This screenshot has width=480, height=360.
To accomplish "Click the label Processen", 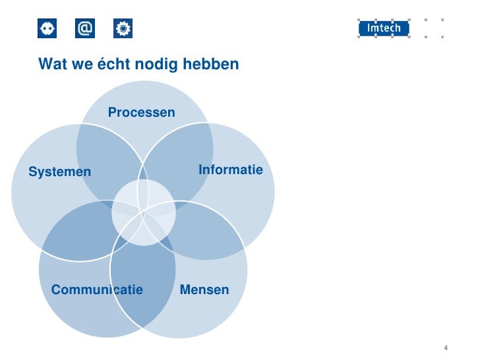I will point(142,113).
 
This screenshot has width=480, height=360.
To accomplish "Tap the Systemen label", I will point(59,172).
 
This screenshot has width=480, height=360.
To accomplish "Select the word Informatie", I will point(230,170).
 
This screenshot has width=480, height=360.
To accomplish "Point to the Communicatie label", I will point(97,289).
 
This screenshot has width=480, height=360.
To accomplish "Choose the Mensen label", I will point(204,289).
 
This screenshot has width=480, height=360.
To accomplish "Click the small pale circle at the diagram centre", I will point(144,212).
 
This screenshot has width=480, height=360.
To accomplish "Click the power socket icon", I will point(47,28).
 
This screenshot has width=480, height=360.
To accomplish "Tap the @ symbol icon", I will point(85,28).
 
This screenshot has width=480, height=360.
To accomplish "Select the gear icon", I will point(123,28).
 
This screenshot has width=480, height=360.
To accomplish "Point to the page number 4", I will point(446,348).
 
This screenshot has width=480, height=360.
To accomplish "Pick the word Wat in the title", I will point(53,65).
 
